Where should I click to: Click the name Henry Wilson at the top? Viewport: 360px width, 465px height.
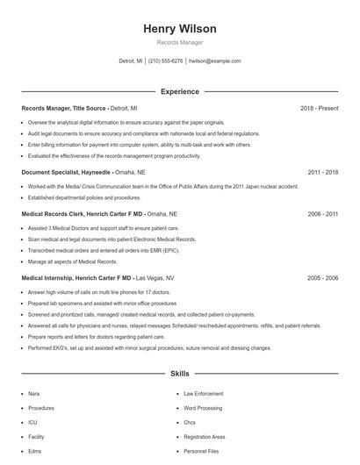pos(179,29)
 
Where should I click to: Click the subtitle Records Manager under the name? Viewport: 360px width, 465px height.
pos(179,42)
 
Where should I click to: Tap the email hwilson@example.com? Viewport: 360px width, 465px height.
pos(214,61)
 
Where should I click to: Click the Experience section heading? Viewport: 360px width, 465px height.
pos(179,91)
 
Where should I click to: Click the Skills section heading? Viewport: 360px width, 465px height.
pos(179,373)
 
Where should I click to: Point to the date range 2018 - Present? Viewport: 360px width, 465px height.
pos(319,108)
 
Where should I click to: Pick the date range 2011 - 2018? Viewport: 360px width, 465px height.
pos(322,173)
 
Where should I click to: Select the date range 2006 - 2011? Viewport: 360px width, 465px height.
pos(322,213)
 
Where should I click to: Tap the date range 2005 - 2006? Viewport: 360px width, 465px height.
pos(322,277)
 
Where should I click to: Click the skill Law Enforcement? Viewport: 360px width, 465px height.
pos(204,394)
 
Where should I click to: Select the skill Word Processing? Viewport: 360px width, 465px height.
pos(203,408)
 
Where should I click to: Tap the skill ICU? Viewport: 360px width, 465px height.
pos(32,422)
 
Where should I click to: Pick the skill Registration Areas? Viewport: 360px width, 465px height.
pos(205,436)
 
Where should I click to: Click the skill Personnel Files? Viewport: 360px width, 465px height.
pos(200,450)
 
